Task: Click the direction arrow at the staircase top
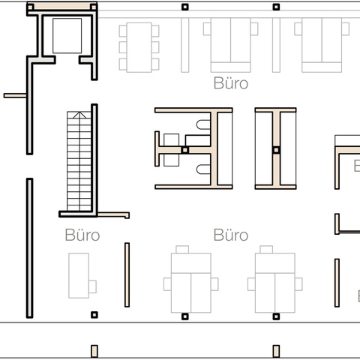pyautogui.click(x=79, y=115)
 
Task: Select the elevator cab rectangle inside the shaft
pyautogui.click(x=67, y=35)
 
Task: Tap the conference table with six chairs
pyautogui.click(x=139, y=47)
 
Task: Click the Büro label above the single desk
pyautogui.click(x=82, y=235)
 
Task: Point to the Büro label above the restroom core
pyautogui.click(x=231, y=83)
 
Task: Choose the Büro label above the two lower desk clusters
pyautogui.click(x=231, y=235)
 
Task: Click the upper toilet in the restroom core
pyautogui.click(x=203, y=124)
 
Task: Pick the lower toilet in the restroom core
pyautogui.click(x=203, y=169)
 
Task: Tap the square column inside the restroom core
pyautogui.click(x=184, y=150)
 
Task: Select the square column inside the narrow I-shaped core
pyautogui.click(x=276, y=150)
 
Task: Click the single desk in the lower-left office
pyautogui.click(x=79, y=275)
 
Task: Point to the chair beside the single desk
pyautogui.click(x=93, y=286)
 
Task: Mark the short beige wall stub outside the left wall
pyautogui.click(x=15, y=95)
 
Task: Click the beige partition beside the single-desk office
pyautogui.click(x=127, y=274)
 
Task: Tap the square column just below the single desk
pyautogui.click(x=94, y=315)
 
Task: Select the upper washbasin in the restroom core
pyautogui.click(x=172, y=140)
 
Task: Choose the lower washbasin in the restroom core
pyautogui.click(x=172, y=160)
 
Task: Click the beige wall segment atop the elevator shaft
pyautogui.click(x=62, y=6)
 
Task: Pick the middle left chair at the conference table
pyautogui.click(x=123, y=47)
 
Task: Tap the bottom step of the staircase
pyautogui.click(x=79, y=208)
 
